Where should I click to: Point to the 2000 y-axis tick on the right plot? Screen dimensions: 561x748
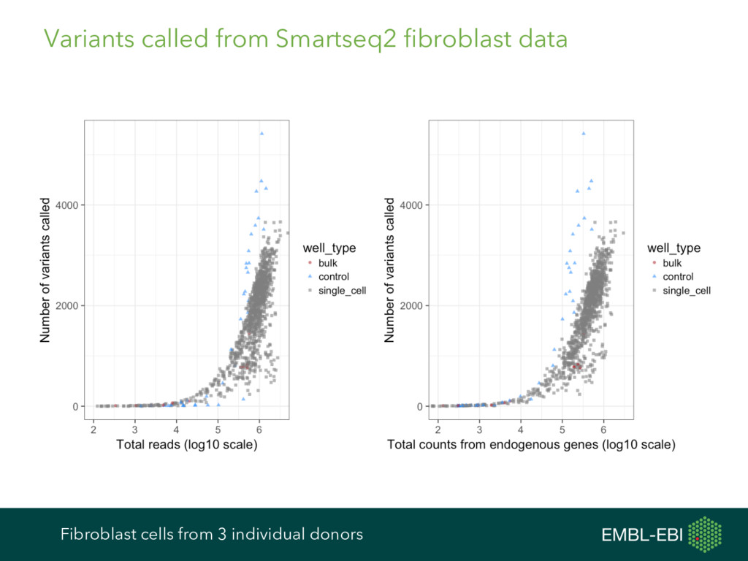412,306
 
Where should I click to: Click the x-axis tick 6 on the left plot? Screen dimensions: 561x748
259,427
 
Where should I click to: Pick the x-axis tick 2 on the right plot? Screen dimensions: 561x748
438,427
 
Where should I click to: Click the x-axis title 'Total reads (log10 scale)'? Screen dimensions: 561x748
187,445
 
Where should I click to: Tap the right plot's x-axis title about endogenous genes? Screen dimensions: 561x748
531,445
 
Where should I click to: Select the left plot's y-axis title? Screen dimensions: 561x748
46,270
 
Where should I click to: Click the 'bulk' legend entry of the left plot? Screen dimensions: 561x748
328,263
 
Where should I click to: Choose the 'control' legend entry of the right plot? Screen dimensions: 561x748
678,277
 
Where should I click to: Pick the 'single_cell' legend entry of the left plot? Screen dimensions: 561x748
342,291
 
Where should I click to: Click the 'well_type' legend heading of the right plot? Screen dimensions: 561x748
673,248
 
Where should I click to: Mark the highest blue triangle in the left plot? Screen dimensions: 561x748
262,133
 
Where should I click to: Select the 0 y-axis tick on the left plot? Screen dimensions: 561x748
75,407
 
